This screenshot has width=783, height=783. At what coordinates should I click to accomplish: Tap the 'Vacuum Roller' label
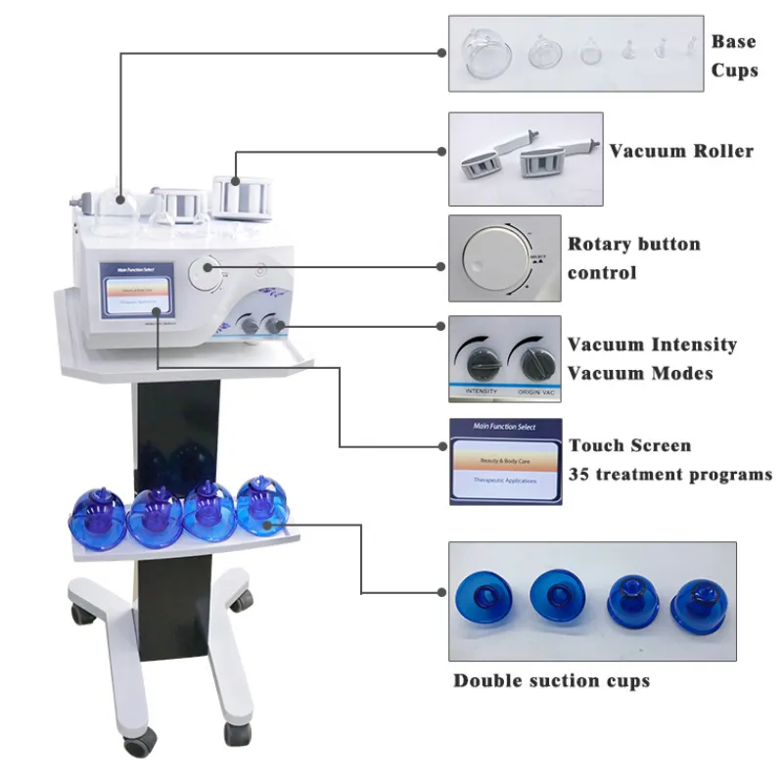[681, 151]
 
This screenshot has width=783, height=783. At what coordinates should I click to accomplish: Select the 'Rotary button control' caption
[633, 258]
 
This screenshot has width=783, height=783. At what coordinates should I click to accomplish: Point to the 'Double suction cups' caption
[551, 680]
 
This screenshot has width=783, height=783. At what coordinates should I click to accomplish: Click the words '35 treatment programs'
[670, 475]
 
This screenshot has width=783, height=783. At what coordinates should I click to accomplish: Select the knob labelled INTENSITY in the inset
[479, 363]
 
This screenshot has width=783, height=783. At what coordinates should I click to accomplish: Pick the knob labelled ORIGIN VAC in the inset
[533, 363]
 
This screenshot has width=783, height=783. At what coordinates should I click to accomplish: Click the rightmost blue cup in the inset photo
[697, 600]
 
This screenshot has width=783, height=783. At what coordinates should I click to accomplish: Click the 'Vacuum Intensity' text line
[652, 345]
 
